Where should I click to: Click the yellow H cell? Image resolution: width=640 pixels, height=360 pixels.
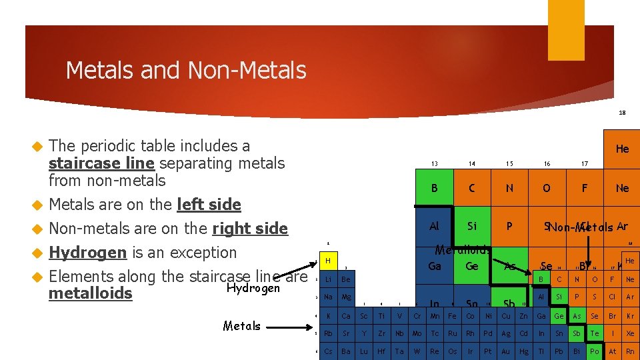(x=328, y=260)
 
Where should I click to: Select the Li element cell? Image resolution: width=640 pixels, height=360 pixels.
(x=328, y=279)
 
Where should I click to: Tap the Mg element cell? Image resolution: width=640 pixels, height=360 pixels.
(x=345, y=297)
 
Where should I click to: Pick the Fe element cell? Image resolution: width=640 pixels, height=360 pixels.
(x=453, y=315)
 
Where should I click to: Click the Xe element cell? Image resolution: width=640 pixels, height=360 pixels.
(x=631, y=333)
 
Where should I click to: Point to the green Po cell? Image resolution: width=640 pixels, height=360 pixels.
(x=595, y=351)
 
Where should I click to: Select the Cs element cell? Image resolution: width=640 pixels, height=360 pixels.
(x=328, y=351)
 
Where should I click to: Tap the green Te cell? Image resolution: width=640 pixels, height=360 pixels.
(x=595, y=333)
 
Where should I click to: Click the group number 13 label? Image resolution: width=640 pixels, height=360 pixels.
(x=434, y=163)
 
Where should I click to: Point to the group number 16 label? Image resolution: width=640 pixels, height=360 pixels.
(x=547, y=163)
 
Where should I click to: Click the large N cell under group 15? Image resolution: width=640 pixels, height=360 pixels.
(x=509, y=189)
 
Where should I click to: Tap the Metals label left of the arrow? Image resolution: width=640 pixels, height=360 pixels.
(x=242, y=326)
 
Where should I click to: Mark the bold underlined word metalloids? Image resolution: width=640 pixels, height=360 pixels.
(x=91, y=294)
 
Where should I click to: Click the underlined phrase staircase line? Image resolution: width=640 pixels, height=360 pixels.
(x=101, y=163)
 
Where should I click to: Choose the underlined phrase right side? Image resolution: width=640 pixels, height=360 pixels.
(x=250, y=229)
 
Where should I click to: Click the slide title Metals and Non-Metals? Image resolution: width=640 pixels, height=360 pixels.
(x=186, y=70)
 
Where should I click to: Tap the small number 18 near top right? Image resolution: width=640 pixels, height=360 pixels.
(x=622, y=113)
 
